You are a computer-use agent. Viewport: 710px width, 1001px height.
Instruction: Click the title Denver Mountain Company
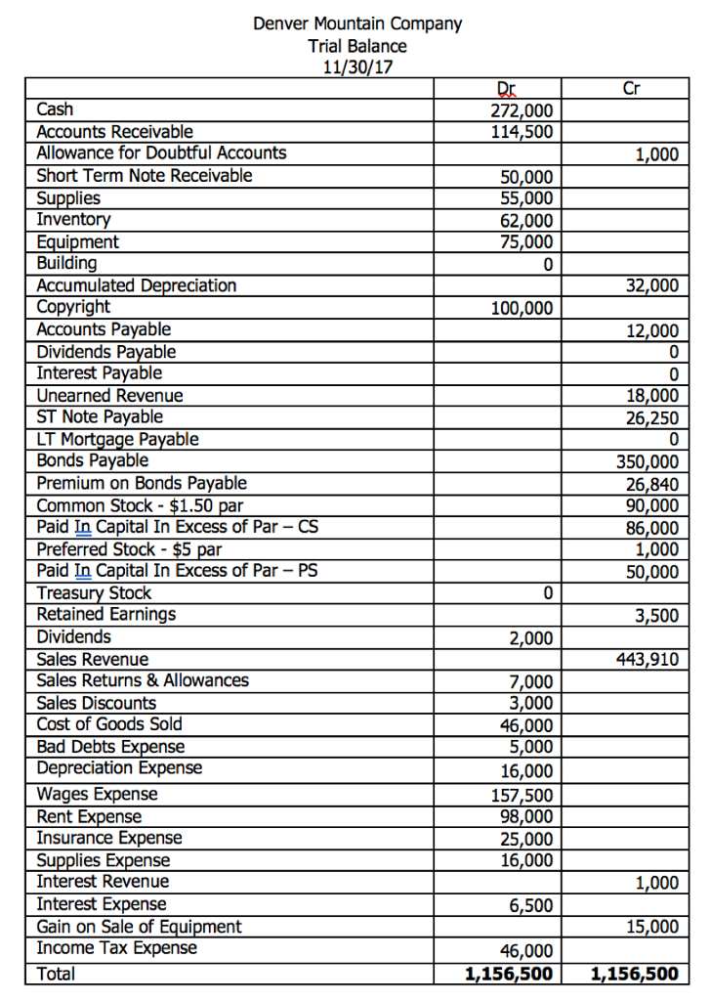coord(357,22)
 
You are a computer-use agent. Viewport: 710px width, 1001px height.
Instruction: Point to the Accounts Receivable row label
coord(114,131)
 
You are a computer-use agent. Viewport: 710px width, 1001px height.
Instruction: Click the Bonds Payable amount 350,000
coord(647,461)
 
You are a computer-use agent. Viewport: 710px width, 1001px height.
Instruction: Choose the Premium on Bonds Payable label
coord(142,483)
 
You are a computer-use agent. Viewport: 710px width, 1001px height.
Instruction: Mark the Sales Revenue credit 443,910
coord(647,660)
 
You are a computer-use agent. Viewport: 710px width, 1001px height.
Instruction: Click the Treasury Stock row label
coord(94,592)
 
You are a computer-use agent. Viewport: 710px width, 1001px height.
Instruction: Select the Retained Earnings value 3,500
coord(655,616)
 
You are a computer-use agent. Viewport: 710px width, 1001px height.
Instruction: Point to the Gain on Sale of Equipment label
coord(139,926)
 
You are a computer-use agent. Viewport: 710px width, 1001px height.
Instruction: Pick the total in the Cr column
coord(635,974)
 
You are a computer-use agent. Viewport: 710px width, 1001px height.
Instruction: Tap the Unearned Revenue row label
coord(109,396)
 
